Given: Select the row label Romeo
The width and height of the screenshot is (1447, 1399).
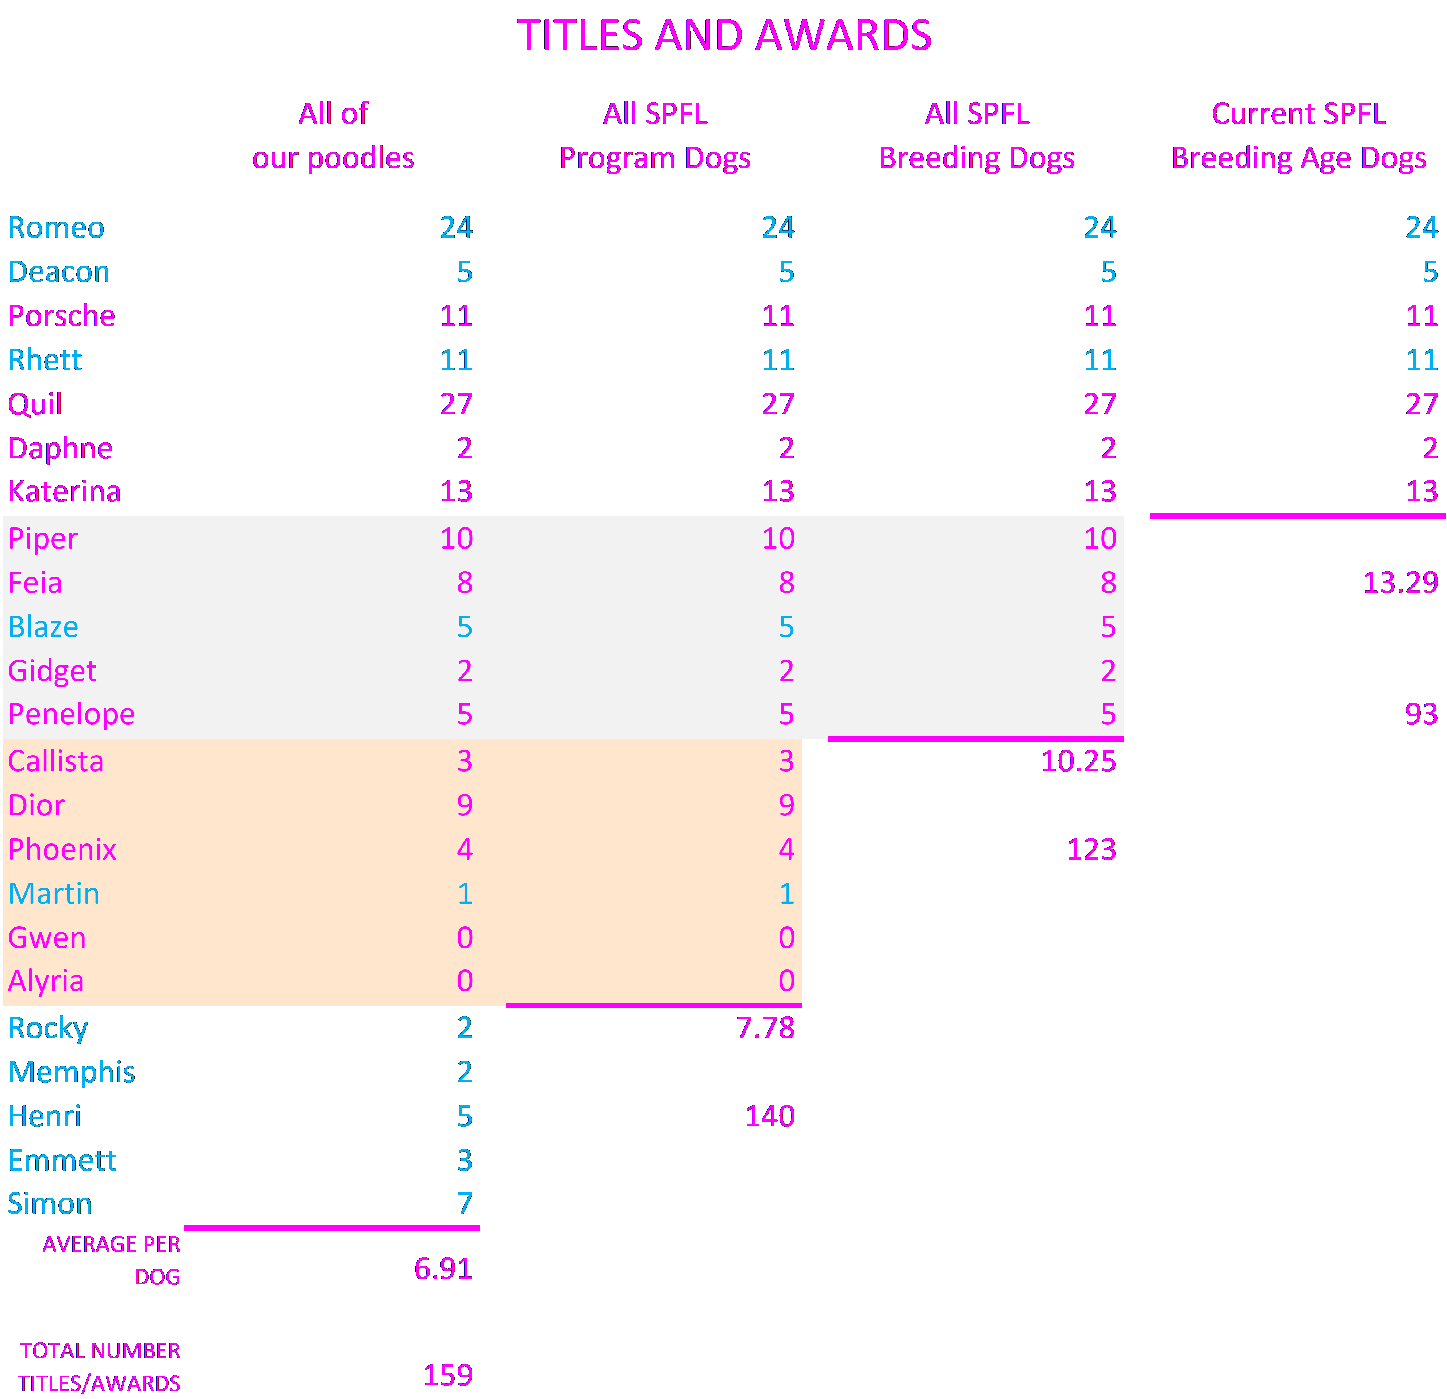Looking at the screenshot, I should tap(56, 227).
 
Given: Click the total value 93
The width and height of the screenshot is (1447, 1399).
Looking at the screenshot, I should tap(1421, 714).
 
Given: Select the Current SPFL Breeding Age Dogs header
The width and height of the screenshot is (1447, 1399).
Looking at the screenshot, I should tap(1298, 136).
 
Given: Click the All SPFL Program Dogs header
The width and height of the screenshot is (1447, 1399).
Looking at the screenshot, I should tap(655, 136).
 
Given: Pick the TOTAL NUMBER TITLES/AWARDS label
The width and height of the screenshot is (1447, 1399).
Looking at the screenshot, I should tap(100, 1367).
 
